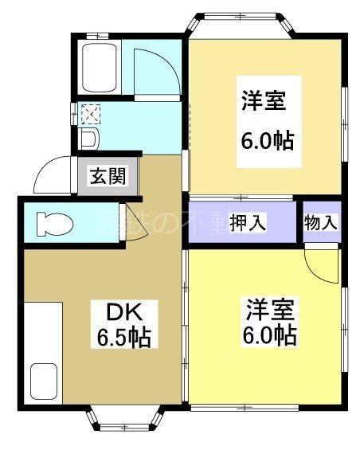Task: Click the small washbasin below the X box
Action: (x=89, y=139)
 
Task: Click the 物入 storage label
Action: (x=322, y=222)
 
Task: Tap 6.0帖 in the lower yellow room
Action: (x=268, y=334)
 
